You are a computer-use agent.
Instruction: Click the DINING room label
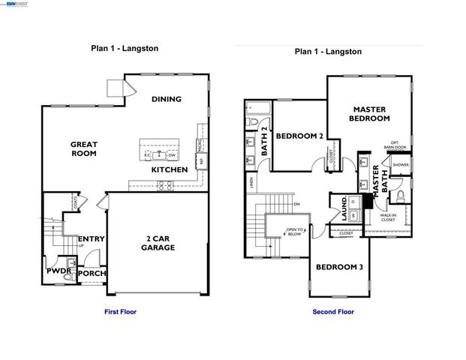167,99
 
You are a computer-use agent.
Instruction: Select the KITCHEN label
170,170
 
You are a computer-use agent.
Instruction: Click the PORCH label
92,274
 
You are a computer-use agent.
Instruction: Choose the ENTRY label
91,239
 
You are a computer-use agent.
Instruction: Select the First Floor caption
120,311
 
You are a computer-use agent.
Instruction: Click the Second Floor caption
333,311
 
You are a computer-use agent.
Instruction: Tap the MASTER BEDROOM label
371,114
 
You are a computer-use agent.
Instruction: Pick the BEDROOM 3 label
339,267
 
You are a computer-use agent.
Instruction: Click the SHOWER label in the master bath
400,164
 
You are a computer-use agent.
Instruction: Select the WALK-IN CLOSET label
388,218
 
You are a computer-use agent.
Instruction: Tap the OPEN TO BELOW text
295,232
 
